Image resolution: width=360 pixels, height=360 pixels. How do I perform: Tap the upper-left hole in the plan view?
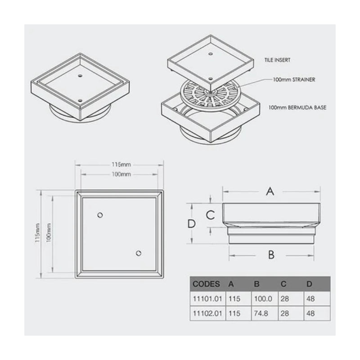coord(100,215)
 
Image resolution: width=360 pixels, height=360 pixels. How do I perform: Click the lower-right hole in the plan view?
coord(139,253)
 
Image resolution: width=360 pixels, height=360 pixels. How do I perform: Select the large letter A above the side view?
coord(270,192)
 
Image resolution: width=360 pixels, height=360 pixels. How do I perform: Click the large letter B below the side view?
coord(271,255)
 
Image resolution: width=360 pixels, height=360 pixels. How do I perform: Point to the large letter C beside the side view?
coord(210,215)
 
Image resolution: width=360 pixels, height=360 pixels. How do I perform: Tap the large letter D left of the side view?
coord(192,224)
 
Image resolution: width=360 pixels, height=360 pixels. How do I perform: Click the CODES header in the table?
coord(206,284)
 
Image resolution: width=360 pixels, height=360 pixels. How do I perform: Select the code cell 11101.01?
coord(206,298)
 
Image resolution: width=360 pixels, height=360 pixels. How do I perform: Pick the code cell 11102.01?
coord(206,313)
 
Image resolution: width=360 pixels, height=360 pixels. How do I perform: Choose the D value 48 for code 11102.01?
coord(310,313)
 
